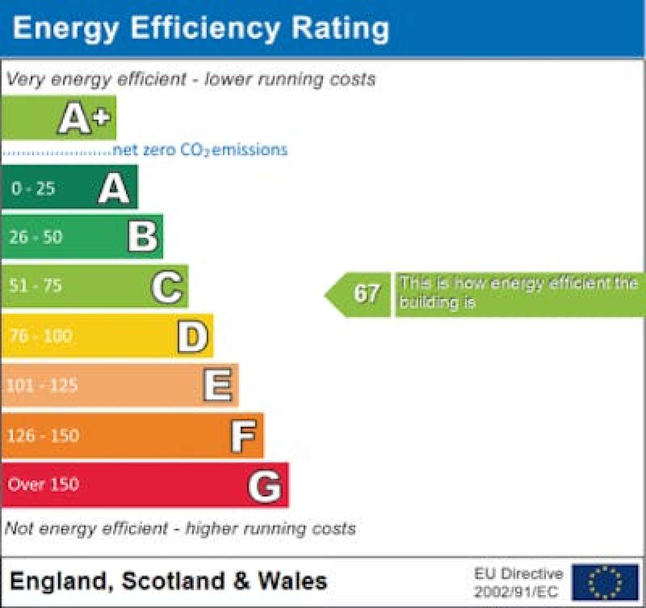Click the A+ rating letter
(x=85, y=118)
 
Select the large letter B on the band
(x=143, y=237)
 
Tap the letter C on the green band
(x=167, y=287)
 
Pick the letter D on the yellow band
(x=193, y=336)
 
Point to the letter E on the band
(x=218, y=385)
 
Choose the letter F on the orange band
(x=243, y=436)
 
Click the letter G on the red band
(x=265, y=486)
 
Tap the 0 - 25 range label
(x=33, y=188)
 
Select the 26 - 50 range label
(x=36, y=237)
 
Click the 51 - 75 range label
(x=36, y=285)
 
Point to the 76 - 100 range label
(x=41, y=336)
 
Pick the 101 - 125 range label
(x=42, y=385)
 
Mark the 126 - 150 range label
(x=43, y=435)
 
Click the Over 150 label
(x=43, y=484)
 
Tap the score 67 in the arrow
(x=367, y=294)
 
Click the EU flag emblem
(x=605, y=583)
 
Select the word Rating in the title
(x=340, y=28)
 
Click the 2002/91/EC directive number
(x=516, y=592)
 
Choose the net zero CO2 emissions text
(x=200, y=149)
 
